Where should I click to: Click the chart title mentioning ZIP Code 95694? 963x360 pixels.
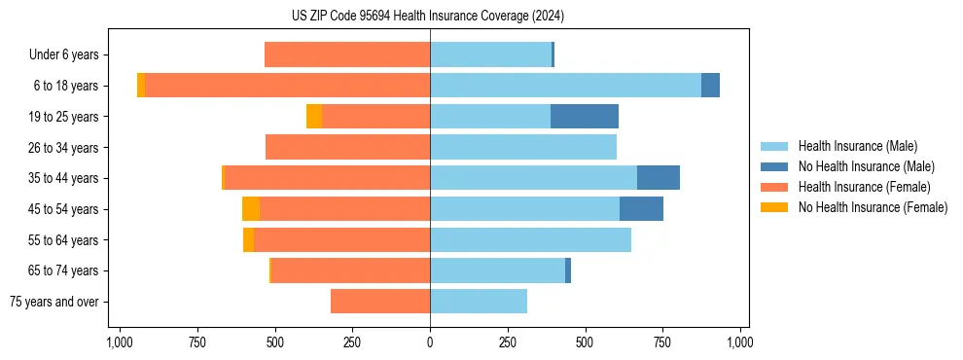(428, 16)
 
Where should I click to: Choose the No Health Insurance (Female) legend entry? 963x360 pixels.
(872, 207)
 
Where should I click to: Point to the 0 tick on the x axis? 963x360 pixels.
(430, 342)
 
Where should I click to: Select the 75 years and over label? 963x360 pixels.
(53, 302)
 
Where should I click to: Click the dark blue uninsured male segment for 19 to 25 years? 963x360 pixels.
(585, 117)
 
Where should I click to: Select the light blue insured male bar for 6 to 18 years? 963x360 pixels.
(565, 86)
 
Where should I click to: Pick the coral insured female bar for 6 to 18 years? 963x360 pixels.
(287, 86)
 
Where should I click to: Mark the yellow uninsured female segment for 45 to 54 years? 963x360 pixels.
(251, 209)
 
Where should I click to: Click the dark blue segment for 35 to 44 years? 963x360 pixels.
(659, 178)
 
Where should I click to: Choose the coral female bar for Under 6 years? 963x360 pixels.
(347, 54)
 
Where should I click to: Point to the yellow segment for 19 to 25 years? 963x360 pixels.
(314, 117)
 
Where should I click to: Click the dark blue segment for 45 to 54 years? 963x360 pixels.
(641, 209)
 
